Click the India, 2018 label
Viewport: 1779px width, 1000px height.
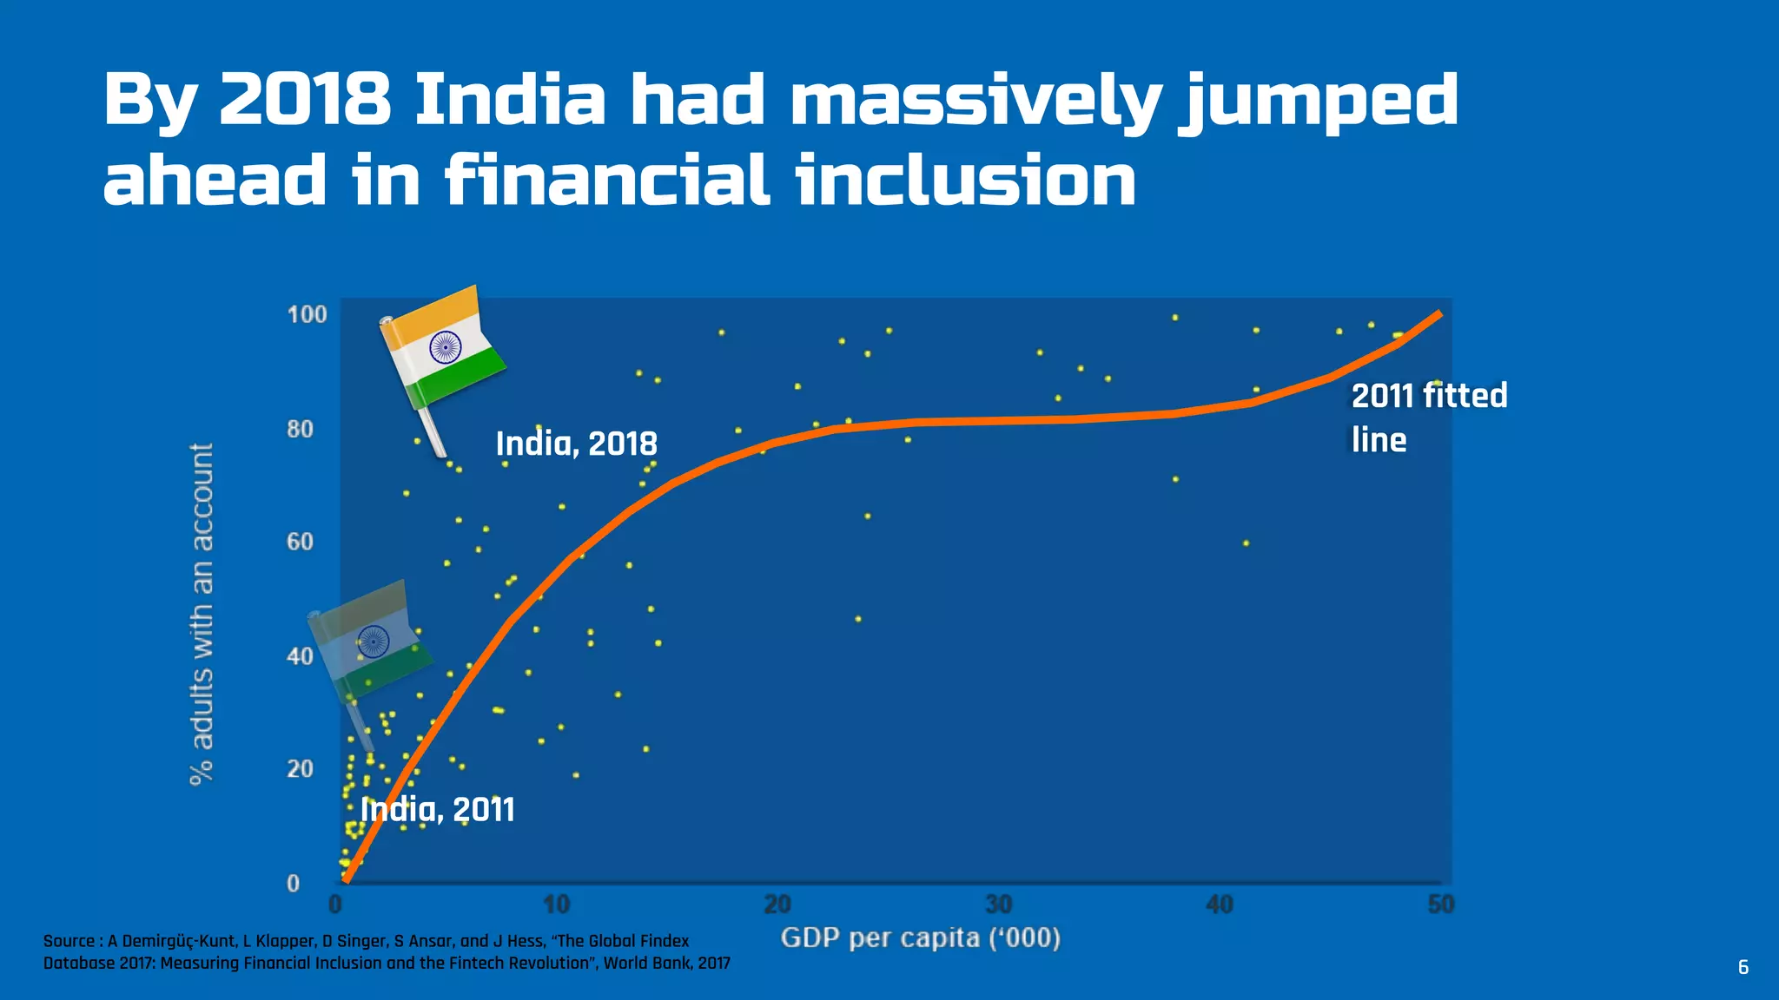tap(576, 444)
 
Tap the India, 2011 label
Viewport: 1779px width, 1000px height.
tap(437, 810)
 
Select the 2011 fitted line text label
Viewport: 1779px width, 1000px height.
tap(1428, 418)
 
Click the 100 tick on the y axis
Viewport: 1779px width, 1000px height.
tap(307, 314)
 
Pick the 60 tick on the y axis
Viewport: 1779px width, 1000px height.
tap(300, 542)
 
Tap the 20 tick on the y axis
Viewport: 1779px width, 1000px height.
tap(300, 769)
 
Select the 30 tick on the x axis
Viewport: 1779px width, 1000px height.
tap(998, 905)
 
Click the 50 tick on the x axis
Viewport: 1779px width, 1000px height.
tap(1440, 905)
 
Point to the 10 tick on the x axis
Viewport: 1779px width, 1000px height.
tap(557, 905)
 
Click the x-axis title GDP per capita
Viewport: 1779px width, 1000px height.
tap(920, 938)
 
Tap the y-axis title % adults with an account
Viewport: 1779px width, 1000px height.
tap(202, 614)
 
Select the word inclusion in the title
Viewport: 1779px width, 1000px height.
tap(965, 180)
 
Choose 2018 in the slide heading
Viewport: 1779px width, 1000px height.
tap(305, 99)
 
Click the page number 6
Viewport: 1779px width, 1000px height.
tap(1743, 967)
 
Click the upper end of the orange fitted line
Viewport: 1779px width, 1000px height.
tap(1438, 313)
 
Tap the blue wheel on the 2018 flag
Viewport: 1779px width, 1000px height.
tap(445, 347)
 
